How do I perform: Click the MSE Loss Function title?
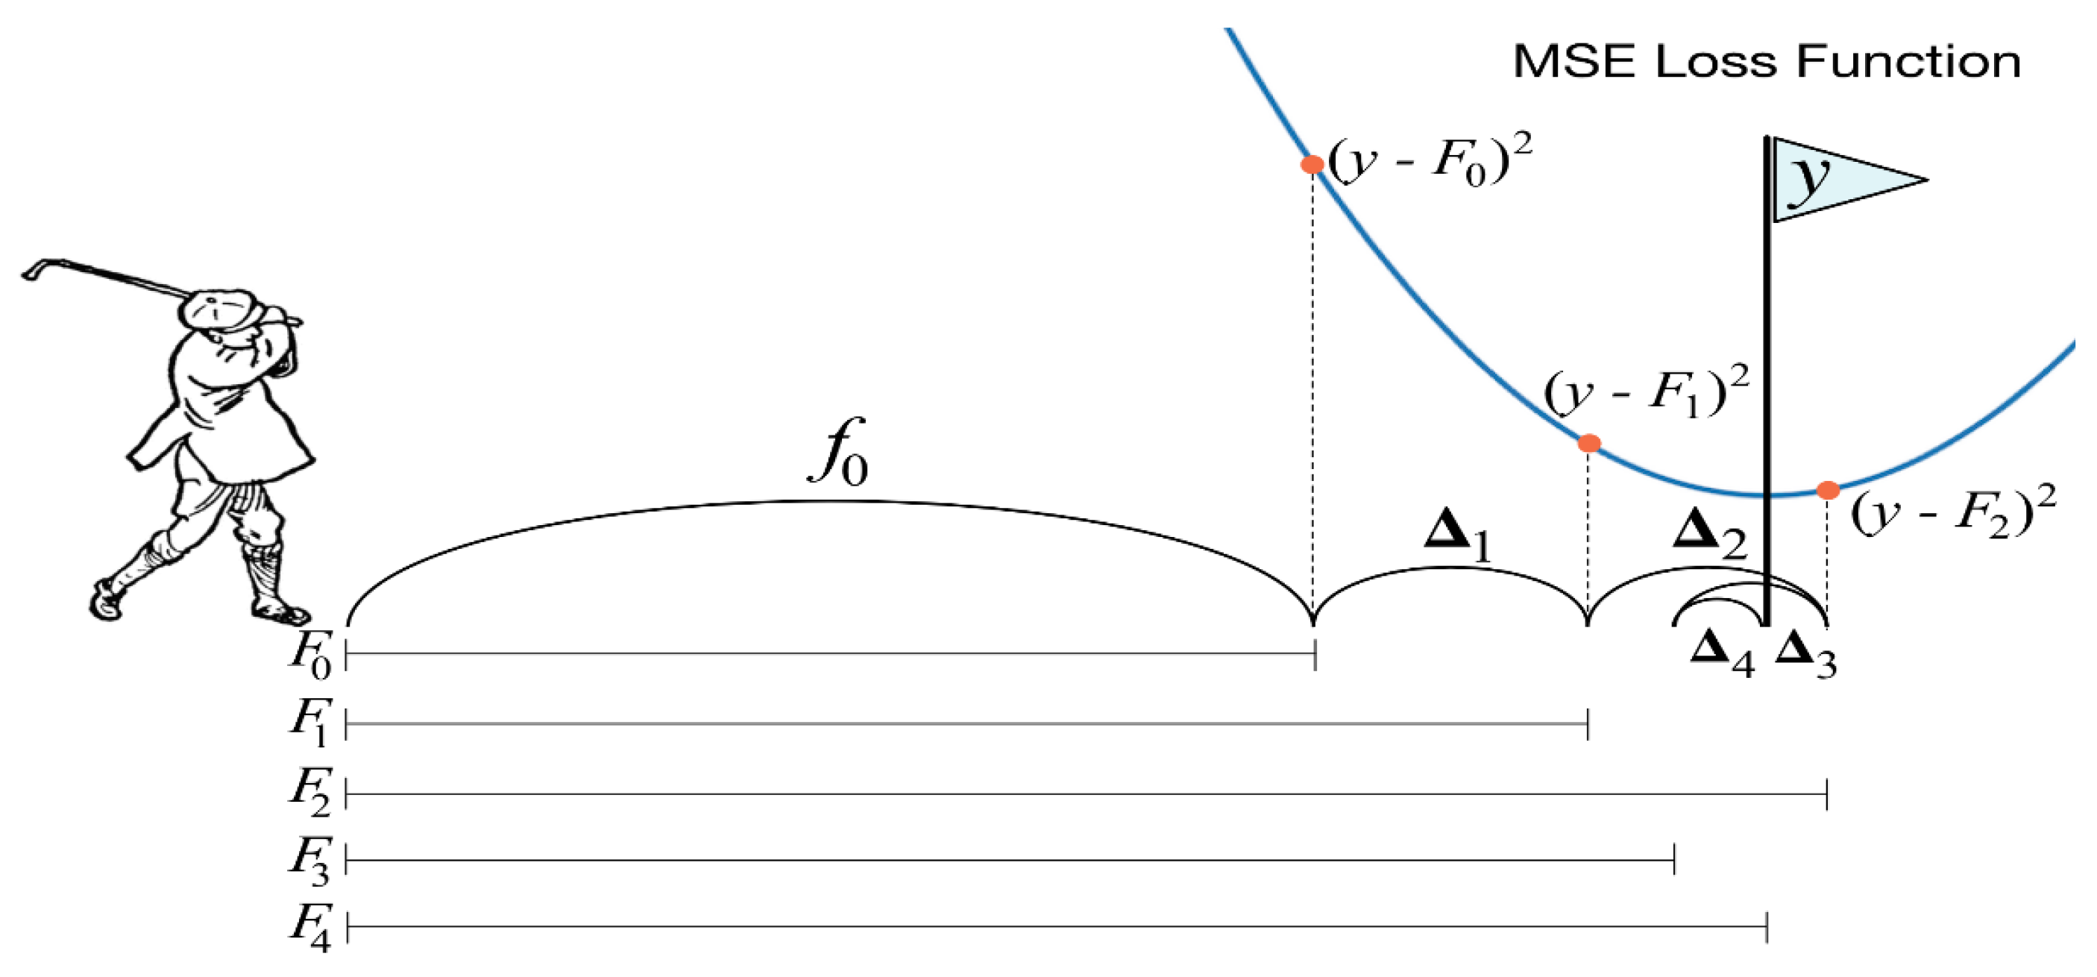1767,62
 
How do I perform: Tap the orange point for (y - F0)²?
1312,165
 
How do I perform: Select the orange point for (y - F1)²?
1589,444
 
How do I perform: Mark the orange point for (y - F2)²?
1829,490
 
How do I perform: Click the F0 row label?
310,656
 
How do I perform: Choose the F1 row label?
310,723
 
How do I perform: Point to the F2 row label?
310,792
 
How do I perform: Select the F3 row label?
310,861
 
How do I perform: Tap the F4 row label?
310,928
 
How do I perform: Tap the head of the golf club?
33,270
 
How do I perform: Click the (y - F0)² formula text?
1430,163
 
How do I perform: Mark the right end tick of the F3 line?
1674,860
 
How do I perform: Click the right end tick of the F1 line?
1588,723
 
